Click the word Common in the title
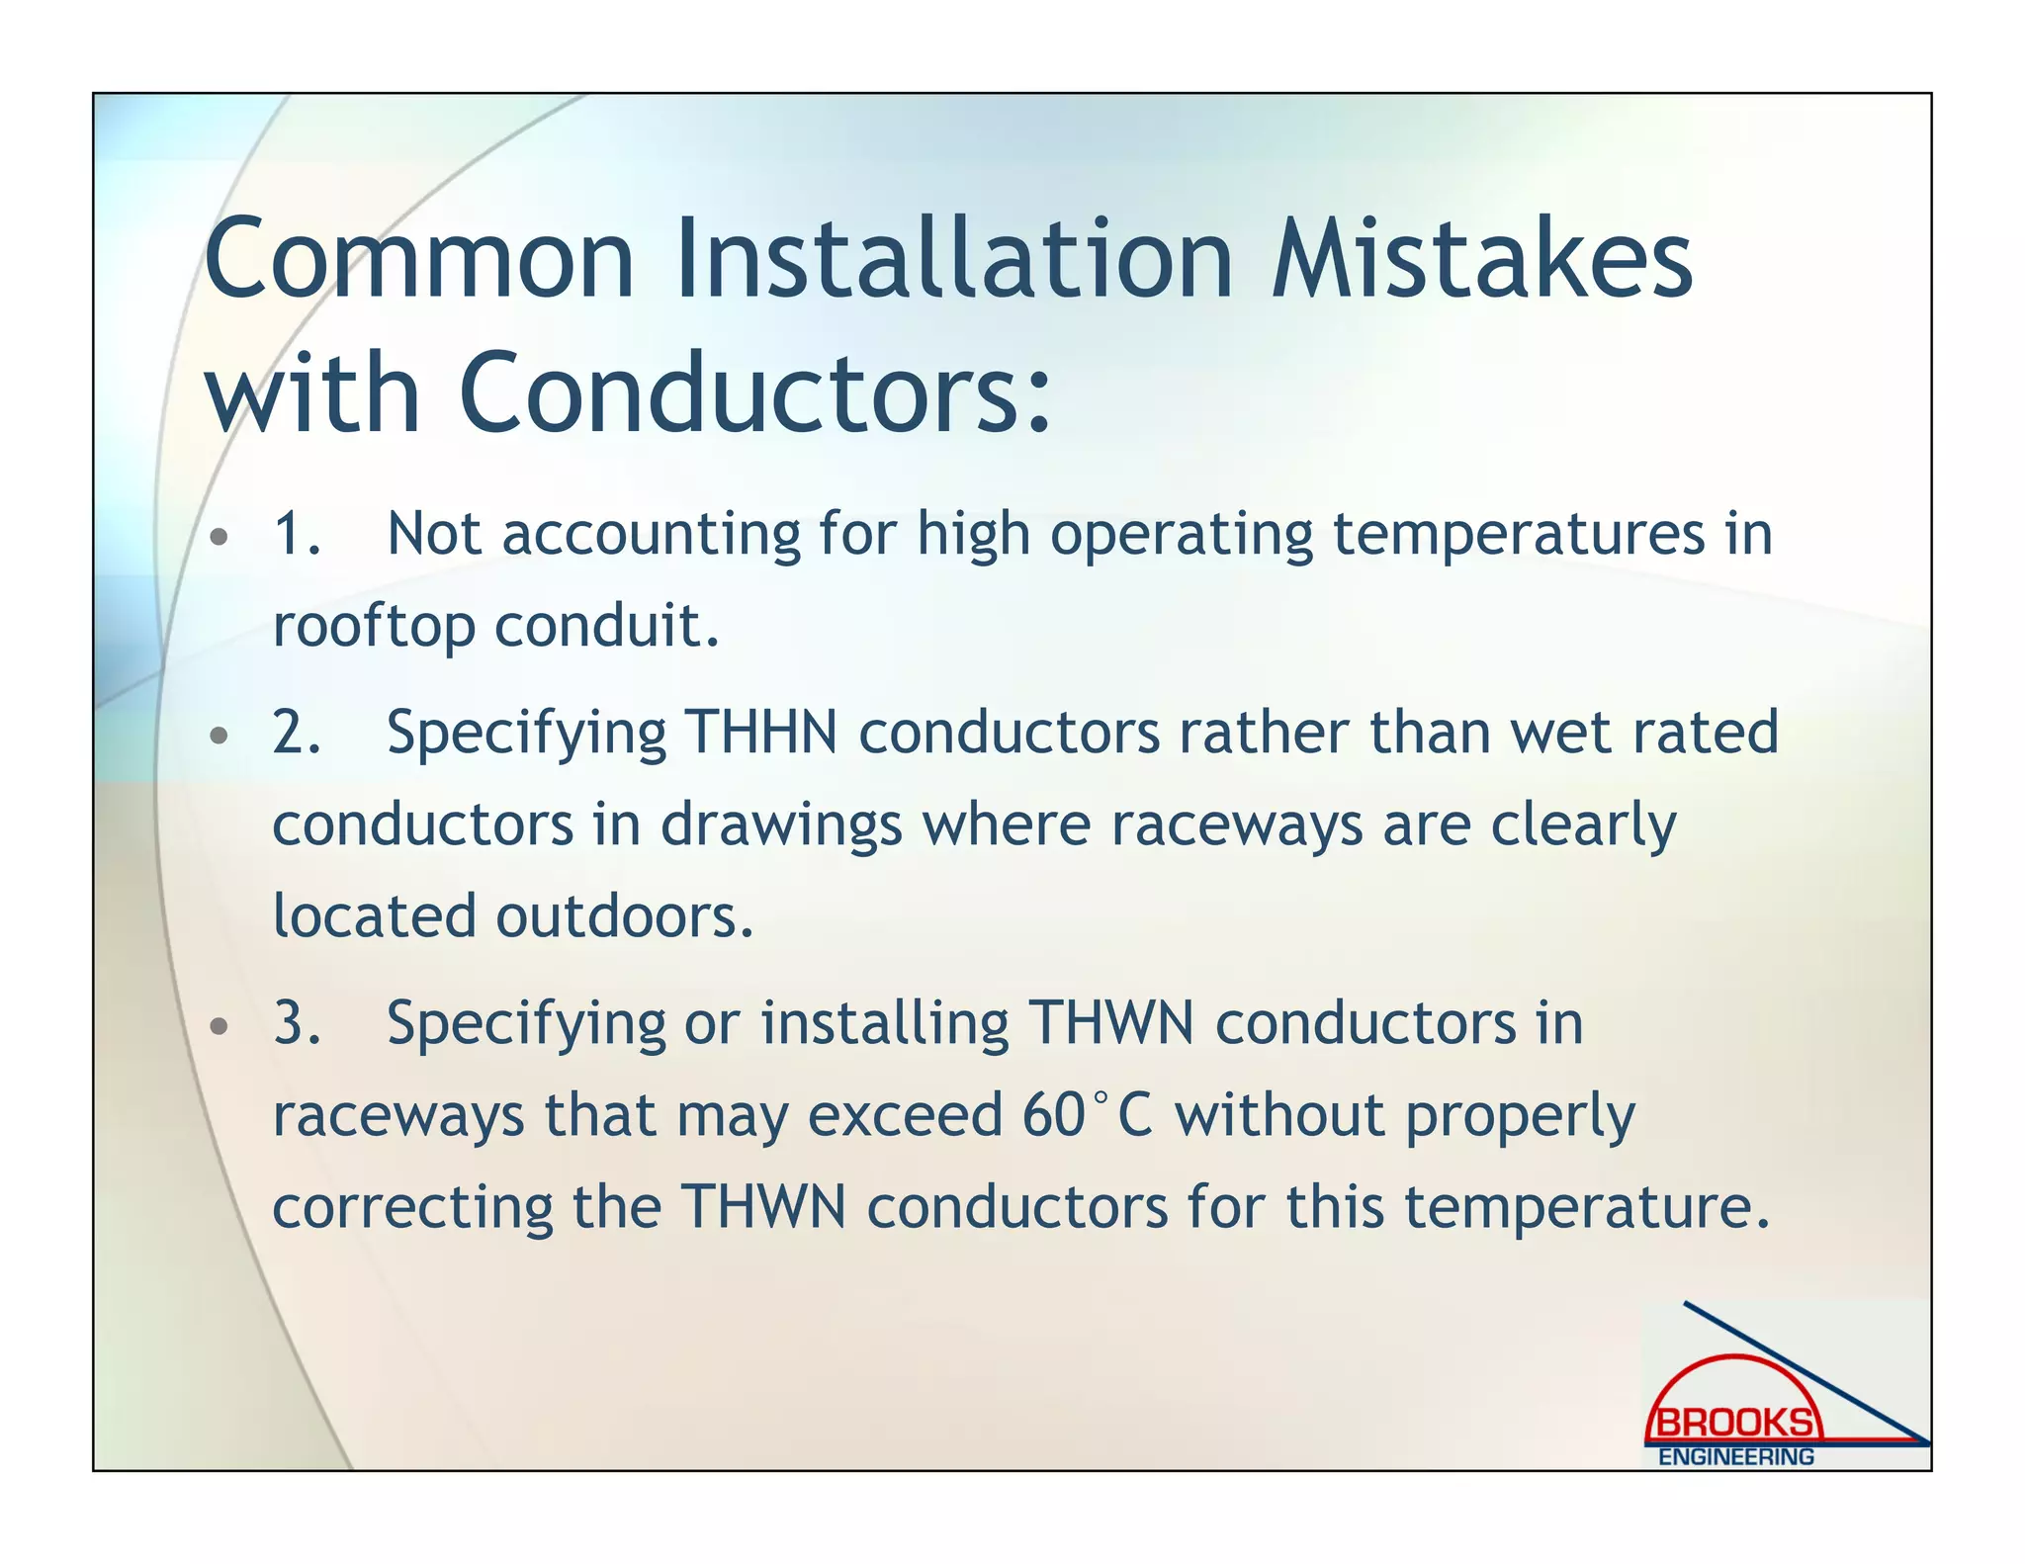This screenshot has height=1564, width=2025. (x=418, y=259)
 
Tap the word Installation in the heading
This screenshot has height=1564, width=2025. (x=954, y=259)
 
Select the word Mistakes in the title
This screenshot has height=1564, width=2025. (x=1481, y=259)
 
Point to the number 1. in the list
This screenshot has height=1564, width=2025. (x=297, y=534)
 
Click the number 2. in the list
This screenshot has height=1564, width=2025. (x=297, y=733)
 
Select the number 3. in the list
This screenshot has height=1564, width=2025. (x=297, y=1023)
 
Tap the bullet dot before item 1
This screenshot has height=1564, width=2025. (x=220, y=538)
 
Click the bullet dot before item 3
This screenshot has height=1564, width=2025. (x=220, y=1026)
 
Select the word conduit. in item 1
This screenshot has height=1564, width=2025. (x=607, y=627)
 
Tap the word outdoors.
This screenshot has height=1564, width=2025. (x=625, y=916)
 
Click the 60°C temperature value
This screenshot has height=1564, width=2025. (x=1088, y=1116)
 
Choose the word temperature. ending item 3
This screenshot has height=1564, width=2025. (x=1587, y=1209)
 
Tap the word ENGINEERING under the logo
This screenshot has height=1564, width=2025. (x=1735, y=1457)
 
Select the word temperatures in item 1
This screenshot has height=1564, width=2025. (x=1519, y=536)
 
